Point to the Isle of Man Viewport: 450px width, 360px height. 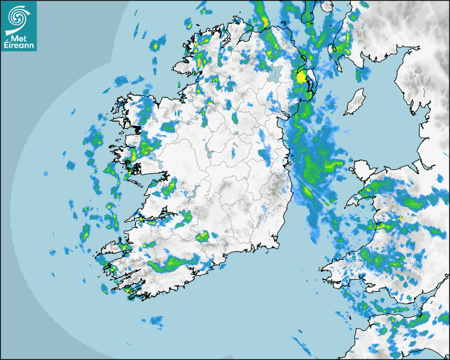click(355, 102)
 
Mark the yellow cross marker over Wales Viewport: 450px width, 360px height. click(401, 218)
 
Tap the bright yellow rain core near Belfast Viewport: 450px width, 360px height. click(301, 78)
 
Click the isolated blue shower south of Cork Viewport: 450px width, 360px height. click(156, 320)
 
